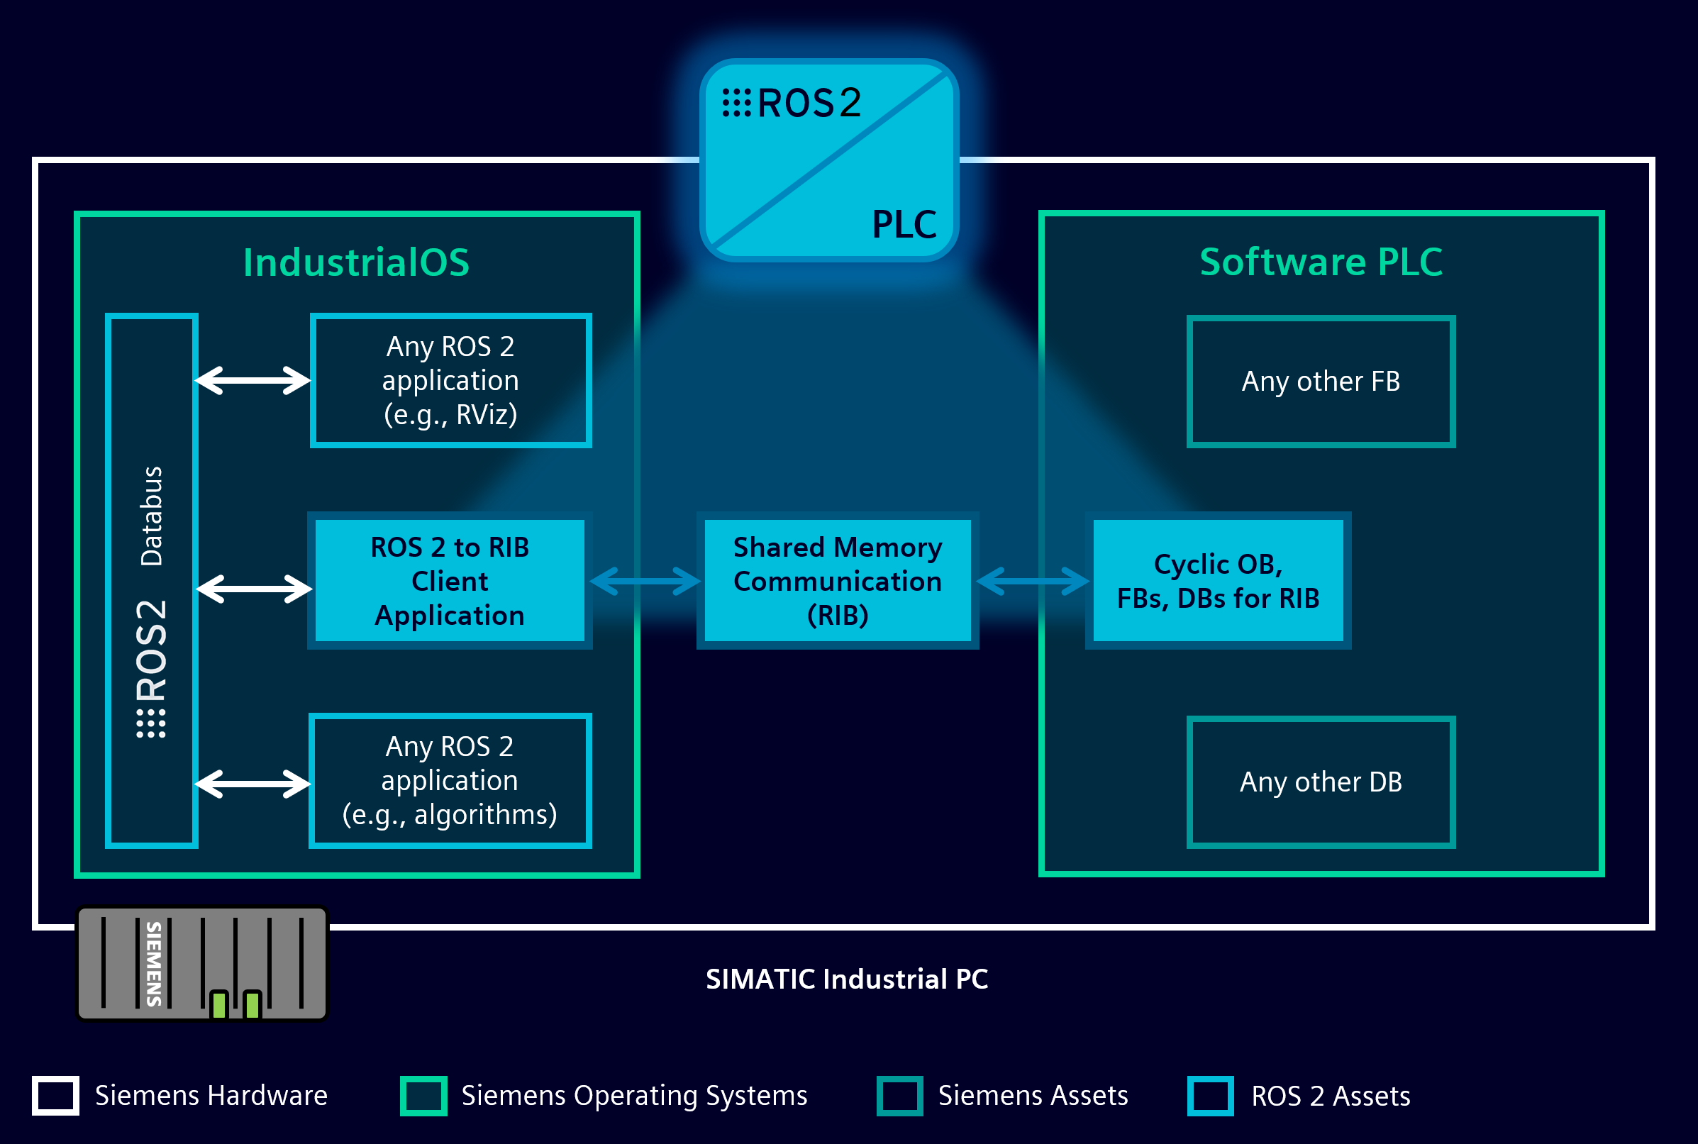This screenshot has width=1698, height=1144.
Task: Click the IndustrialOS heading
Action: [356, 262]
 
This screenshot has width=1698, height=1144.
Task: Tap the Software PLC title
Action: [1321, 262]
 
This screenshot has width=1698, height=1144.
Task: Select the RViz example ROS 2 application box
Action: [450, 380]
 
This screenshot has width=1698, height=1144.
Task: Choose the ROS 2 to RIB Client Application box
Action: [450, 581]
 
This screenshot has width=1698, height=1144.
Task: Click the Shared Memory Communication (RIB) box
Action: [837, 581]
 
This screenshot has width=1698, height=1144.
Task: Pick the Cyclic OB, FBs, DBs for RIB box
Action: [1218, 581]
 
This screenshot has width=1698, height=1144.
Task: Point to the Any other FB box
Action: [1321, 381]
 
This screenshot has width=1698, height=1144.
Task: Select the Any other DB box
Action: [1321, 782]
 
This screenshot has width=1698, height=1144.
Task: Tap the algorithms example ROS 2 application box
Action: [450, 780]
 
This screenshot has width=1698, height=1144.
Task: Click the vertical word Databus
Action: [152, 516]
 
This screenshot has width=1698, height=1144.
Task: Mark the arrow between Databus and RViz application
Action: [253, 380]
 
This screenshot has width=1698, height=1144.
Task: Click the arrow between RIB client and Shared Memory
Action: [645, 582]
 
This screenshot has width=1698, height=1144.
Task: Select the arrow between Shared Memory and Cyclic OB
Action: [1033, 582]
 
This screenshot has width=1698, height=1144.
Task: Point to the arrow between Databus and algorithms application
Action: [253, 784]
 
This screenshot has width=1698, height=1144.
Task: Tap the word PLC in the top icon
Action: [904, 224]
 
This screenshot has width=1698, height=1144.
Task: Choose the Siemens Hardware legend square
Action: [55, 1095]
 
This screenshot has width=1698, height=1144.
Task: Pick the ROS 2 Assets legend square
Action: [1211, 1095]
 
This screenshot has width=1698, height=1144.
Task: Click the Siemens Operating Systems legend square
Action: [423, 1095]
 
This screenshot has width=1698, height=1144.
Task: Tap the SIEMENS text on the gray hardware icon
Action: [154, 963]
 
